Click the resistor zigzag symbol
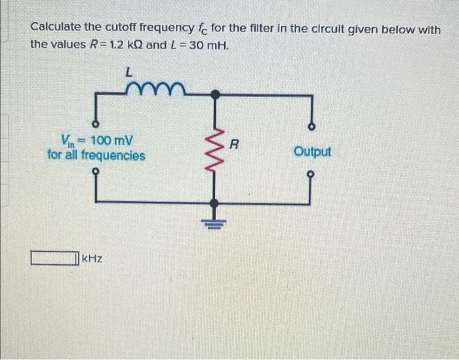coord(214,148)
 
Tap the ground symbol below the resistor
coord(214,222)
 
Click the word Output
coord(313,151)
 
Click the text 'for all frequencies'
coord(96,155)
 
